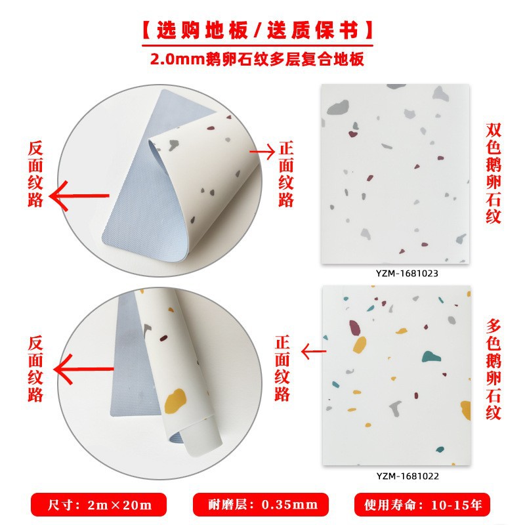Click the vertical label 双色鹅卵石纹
pos(494,173)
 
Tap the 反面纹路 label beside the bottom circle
pos(36,369)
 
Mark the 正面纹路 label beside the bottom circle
pos(282,369)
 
